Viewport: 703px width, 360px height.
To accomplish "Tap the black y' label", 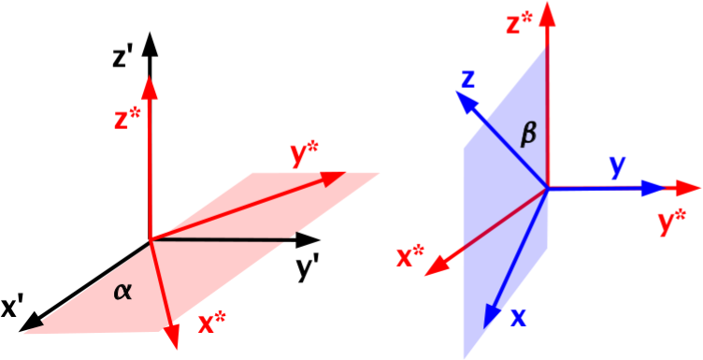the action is tap(308, 268).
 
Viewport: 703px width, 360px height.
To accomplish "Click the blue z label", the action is tap(469, 79).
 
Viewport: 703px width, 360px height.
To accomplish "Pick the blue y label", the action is tap(617, 167).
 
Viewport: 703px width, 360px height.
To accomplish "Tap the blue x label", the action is tap(518, 318).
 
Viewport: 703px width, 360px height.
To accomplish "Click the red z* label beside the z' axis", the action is tap(123, 121).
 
